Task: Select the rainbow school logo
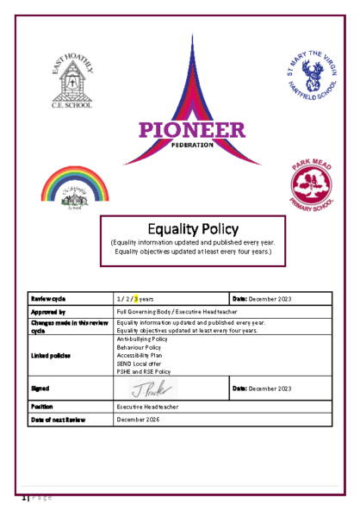(75, 186)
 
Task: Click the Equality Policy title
(180, 229)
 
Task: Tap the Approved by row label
(49, 312)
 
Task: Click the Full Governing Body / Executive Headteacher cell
(172, 312)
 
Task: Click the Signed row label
(41, 389)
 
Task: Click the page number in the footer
(24, 497)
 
